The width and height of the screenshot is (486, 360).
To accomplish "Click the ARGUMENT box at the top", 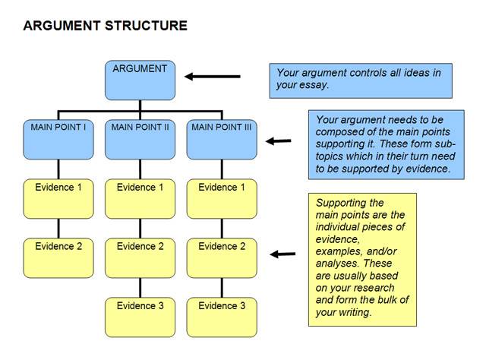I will [140, 80].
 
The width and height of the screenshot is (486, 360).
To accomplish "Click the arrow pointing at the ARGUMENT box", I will [213, 77].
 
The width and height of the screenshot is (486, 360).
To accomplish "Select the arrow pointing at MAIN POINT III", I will [279, 141].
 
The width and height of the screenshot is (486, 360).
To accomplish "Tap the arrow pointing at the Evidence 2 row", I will [282, 254].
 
